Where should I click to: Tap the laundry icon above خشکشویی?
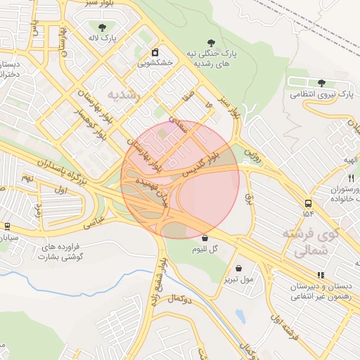(x=155, y=52)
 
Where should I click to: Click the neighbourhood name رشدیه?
(x=124, y=94)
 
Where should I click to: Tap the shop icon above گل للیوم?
(x=204, y=238)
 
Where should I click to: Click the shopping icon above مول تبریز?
(x=239, y=269)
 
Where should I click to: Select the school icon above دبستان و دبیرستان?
(x=321, y=275)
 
